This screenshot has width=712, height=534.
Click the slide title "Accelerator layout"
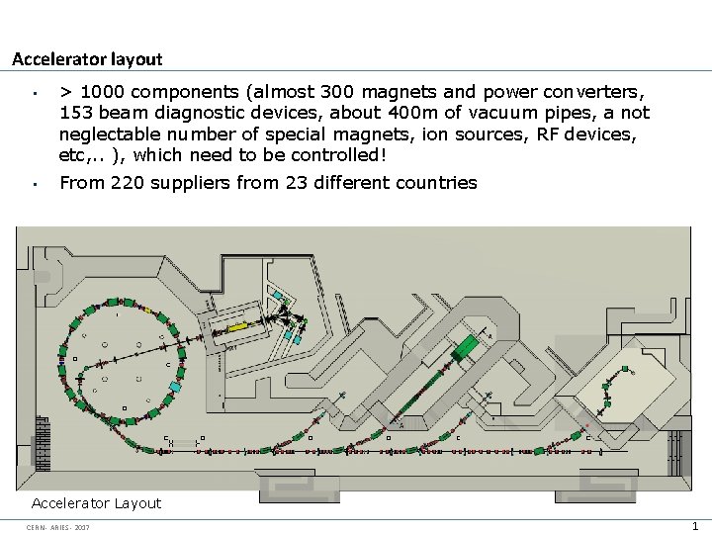tap(87, 59)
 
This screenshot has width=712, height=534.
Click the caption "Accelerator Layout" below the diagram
tap(96, 503)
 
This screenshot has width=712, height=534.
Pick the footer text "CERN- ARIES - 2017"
tap(58, 527)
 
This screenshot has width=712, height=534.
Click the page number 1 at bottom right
tap(696, 526)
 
